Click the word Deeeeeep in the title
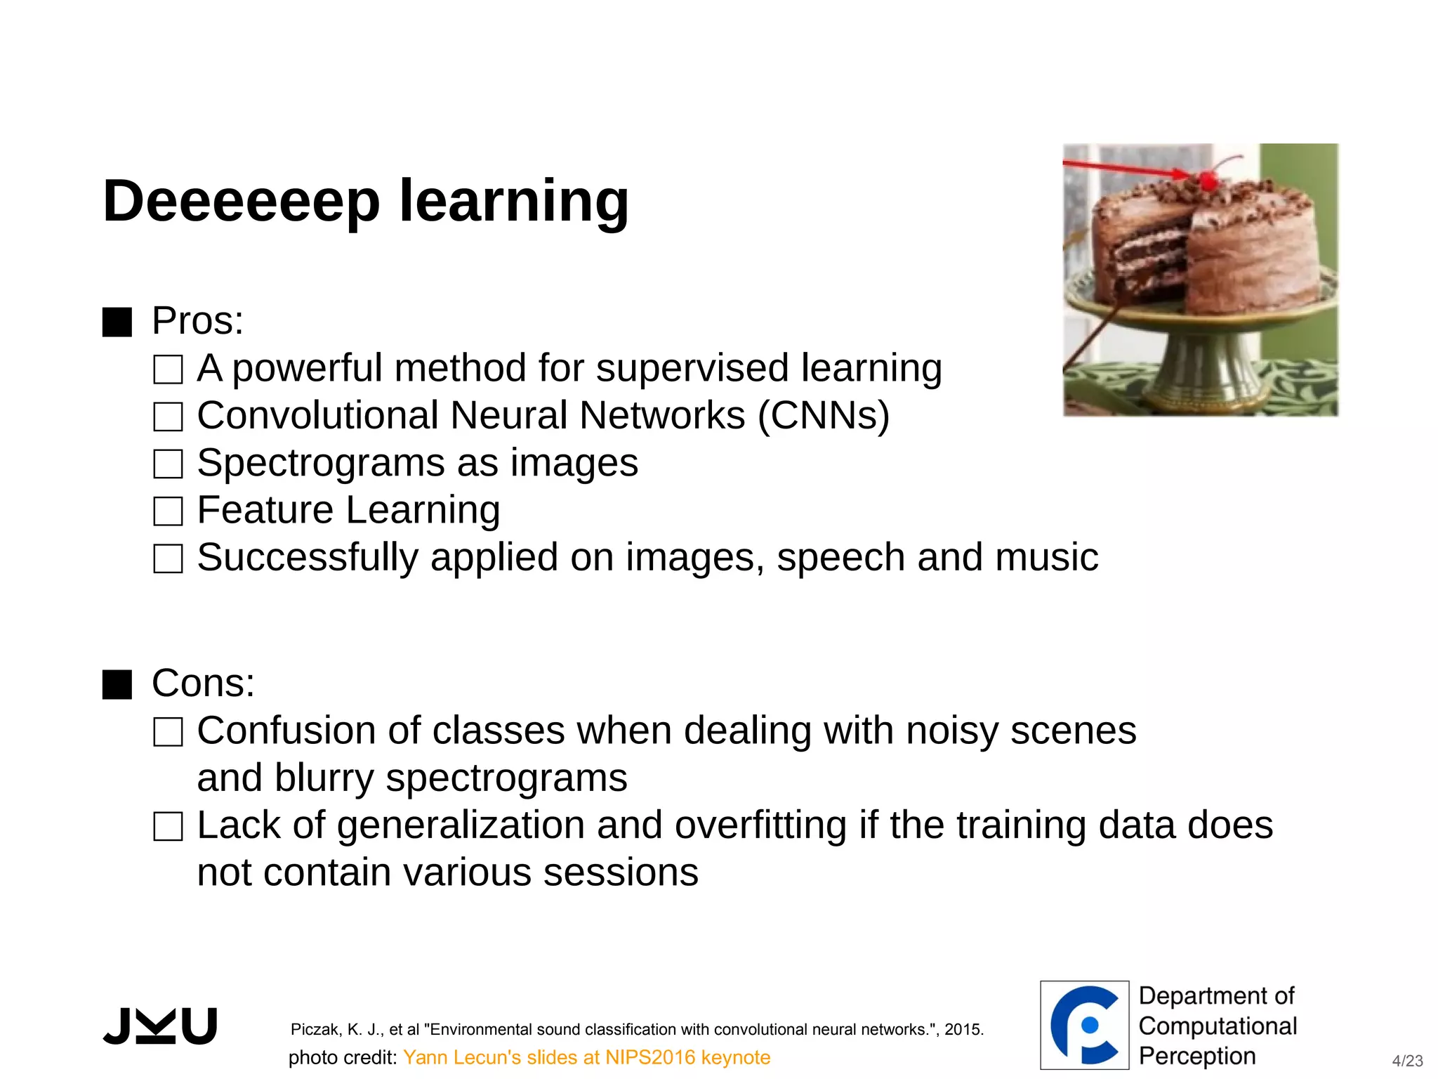tap(241, 202)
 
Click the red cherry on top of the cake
tap(1208, 180)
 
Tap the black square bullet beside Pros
tap(117, 322)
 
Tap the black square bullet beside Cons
tap(117, 684)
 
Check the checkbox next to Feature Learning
tap(168, 511)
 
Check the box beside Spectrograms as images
tap(168, 464)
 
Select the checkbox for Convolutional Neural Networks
tap(168, 417)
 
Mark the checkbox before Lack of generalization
tap(168, 827)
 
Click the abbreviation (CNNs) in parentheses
tap(824, 416)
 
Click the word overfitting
tap(760, 825)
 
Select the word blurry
tap(324, 778)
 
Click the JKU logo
tap(160, 1026)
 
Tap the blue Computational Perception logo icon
tap(1084, 1025)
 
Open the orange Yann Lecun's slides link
tap(586, 1057)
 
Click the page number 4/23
tap(1407, 1061)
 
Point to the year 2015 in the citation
tap(963, 1030)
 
